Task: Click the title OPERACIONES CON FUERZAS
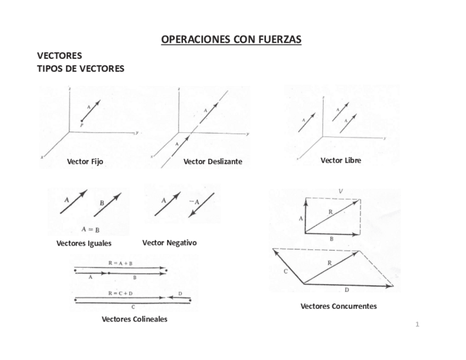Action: pyautogui.click(x=231, y=40)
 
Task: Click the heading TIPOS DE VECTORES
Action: pyautogui.click(x=80, y=69)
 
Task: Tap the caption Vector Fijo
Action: pyautogui.click(x=85, y=162)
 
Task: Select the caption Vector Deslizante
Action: pyautogui.click(x=213, y=162)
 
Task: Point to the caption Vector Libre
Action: pyautogui.click(x=341, y=160)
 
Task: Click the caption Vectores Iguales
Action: pyautogui.click(x=84, y=243)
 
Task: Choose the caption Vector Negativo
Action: pyautogui.click(x=169, y=242)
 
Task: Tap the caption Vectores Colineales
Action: pyautogui.click(x=135, y=319)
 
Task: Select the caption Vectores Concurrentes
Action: pyautogui.click(x=339, y=306)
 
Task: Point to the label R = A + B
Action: pyautogui.click(x=120, y=263)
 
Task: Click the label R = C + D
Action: pyautogui.click(x=120, y=293)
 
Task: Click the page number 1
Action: pyautogui.click(x=417, y=324)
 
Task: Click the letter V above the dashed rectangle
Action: pyautogui.click(x=341, y=191)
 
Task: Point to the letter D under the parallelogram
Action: pyautogui.click(x=347, y=290)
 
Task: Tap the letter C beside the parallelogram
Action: pyautogui.click(x=286, y=272)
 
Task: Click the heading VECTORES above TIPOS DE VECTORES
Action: pyautogui.click(x=59, y=56)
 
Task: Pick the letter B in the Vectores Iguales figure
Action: pyautogui.click(x=102, y=203)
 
